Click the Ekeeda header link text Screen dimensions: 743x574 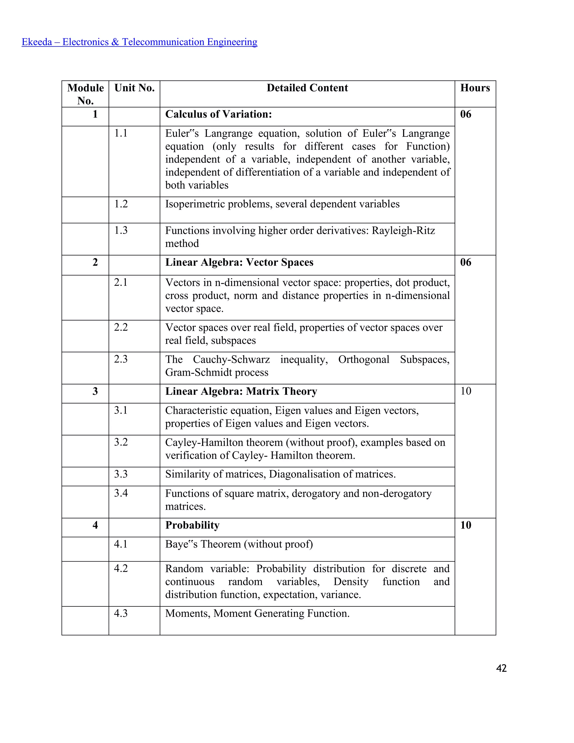[x=139, y=42]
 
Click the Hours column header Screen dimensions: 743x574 [x=475, y=88]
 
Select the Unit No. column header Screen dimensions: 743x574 [x=134, y=88]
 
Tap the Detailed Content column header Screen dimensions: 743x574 [x=307, y=88]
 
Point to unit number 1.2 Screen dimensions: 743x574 [x=121, y=204]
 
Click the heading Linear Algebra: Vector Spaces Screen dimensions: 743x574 [x=239, y=262]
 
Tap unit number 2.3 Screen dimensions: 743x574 [x=121, y=359]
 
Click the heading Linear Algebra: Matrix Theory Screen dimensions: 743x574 [x=241, y=391]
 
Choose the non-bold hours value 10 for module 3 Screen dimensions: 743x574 [x=466, y=391]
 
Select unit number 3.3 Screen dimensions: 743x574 [x=121, y=474]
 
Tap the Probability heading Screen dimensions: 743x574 [x=192, y=525]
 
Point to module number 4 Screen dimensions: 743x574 [x=95, y=525]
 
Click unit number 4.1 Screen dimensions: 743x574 [x=121, y=544]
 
